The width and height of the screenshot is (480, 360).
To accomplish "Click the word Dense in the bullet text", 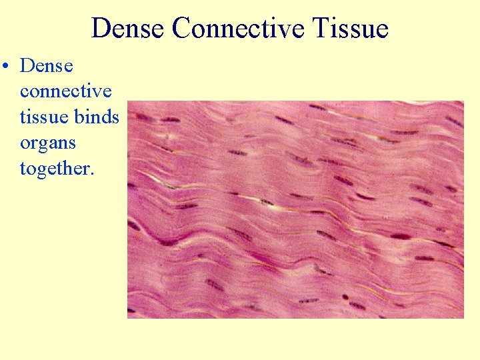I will tap(46, 65).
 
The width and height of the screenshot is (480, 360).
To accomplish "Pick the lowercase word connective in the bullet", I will tap(65, 91).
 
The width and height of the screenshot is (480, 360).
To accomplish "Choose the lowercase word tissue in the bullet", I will tap(44, 117).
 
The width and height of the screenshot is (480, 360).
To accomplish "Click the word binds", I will tap(97, 117).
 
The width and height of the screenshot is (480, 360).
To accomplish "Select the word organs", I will tap(47, 143).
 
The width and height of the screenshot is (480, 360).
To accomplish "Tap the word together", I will tap(56, 169).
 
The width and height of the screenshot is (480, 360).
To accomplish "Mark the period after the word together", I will tap(93, 174).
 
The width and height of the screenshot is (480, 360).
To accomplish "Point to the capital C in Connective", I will tap(180, 29).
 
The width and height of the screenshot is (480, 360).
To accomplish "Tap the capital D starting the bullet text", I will tap(27, 65).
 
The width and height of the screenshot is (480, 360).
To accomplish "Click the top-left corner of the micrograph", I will tap(128, 101).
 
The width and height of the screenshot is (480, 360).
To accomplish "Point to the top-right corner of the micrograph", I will tap(463, 101).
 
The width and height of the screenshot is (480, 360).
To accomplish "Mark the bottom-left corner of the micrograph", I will tap(128, 318).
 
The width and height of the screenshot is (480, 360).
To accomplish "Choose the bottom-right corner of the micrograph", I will tap(463, 318).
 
